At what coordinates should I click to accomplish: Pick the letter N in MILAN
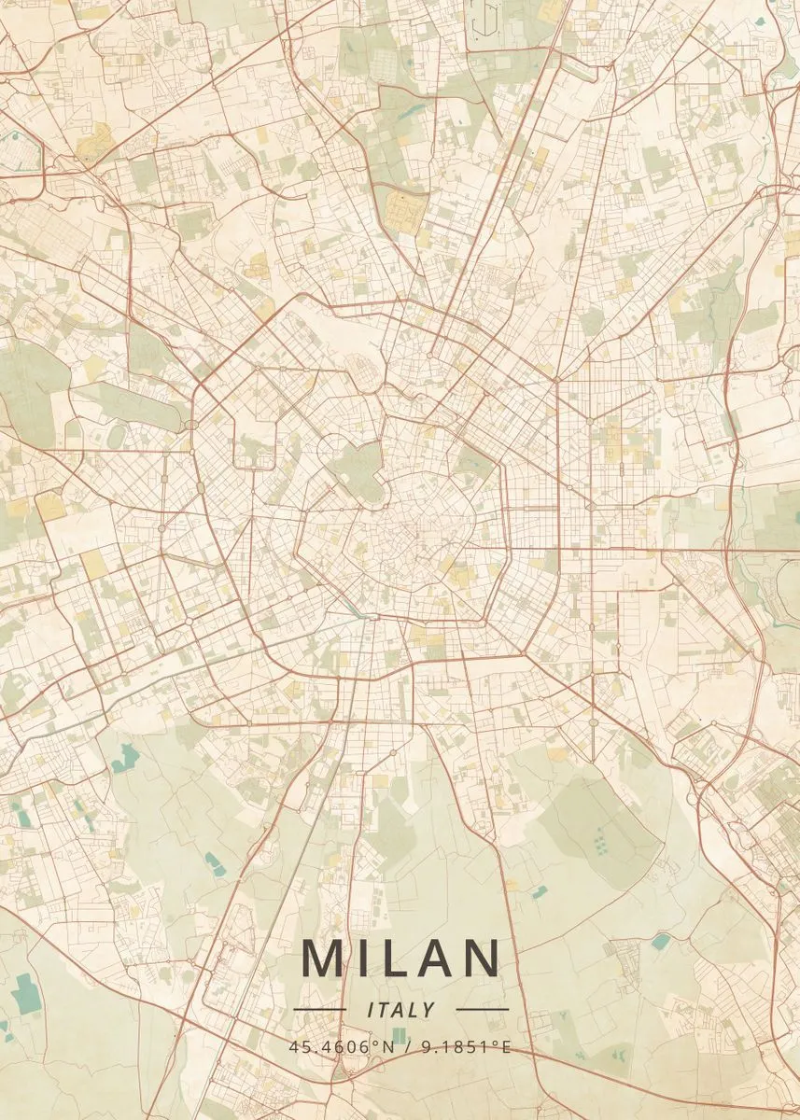[x=484, y=959]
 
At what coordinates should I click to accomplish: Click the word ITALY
[x=401, y=1010]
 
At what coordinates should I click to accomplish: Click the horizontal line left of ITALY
[x=319, y=1009]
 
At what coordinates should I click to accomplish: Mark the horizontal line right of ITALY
[x=483, y=1009]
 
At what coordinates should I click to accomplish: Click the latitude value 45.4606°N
[x=343, y=1047]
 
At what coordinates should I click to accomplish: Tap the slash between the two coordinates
[x=407, y=1047]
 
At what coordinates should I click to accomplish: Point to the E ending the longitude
[x=507, y=1047]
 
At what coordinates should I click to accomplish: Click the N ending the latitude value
[x=390, y=1047]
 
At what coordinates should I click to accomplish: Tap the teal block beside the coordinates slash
[x=400, y=1035]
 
